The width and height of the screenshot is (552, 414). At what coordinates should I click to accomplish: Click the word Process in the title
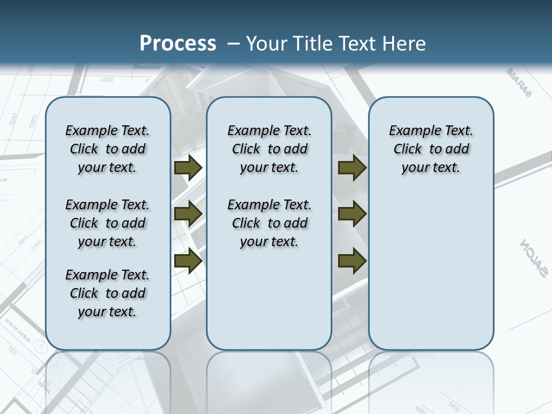tap(178, 44)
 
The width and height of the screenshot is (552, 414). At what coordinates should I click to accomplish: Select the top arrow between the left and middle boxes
tap(188, 167)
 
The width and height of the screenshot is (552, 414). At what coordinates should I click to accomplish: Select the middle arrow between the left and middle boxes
tap(188, 214)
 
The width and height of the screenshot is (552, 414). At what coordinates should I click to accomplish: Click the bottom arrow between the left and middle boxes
tap(188, 260)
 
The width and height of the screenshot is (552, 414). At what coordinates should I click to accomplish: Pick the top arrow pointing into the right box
tap(352, 167)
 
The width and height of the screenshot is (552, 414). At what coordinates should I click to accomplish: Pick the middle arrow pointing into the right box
tap(352, 214)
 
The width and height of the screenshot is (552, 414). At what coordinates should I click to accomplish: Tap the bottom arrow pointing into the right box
tap(352, 260)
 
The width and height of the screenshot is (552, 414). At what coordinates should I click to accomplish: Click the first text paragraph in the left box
tap(108, 149)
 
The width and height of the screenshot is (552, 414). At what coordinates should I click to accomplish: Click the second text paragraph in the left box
tap(108, 223)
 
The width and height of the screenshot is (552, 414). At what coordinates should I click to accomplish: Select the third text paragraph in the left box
tap(108, 293)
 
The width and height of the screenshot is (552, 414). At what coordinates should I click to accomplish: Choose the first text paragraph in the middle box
tap(269, 149)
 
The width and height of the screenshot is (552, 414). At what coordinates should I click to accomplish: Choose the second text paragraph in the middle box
tap(269, 223)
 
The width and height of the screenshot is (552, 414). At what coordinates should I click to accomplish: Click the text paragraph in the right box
tap(431, 149)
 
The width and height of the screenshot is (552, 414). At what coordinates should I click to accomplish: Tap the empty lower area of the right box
tap(431, 276)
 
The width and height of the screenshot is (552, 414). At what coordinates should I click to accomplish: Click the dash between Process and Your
tap(233, 44)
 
